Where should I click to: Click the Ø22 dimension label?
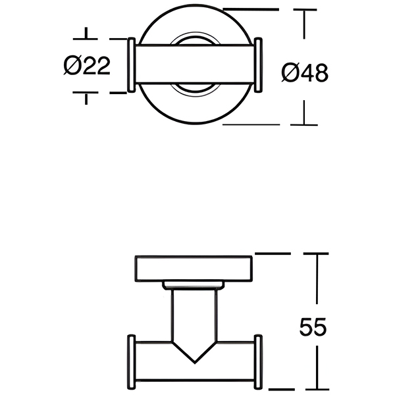coord(87,66)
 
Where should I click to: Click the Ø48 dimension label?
coord(304,72)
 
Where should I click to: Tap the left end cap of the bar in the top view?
coord(131,65)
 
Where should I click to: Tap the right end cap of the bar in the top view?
coord(259,65)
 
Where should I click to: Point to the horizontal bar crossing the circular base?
coord(195,65)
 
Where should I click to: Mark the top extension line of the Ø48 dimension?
coord(250,10)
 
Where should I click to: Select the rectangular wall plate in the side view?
coord(195,269)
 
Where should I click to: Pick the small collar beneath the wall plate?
coord(195,286)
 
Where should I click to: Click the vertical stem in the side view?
coord(195,316)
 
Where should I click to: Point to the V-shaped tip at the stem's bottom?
coord(195,354)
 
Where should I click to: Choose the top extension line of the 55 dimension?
coord(273,252)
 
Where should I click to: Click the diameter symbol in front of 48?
coord(288,72)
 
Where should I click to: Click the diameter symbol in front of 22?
coord(72,66)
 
